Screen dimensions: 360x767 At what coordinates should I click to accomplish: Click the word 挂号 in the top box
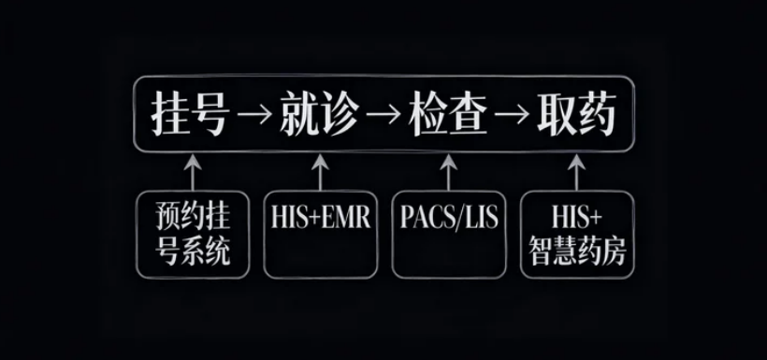[190, 117]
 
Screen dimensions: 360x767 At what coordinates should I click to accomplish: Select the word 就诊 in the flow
[319, 117]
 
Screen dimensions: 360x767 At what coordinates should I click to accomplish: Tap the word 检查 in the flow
[448, 117]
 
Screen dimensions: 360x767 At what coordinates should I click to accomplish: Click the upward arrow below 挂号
[193, 172]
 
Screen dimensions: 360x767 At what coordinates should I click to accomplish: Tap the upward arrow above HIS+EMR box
[320, 172]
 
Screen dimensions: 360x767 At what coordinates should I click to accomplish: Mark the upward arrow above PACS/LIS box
[448, 172]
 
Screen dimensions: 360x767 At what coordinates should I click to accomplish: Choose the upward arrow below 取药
[576, 172]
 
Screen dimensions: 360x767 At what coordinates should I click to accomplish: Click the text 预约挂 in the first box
[193, 218]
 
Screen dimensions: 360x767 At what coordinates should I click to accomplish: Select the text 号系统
[193, 252]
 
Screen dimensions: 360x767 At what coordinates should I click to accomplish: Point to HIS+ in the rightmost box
[576, 218]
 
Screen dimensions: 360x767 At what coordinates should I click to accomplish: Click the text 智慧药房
[576, 252]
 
